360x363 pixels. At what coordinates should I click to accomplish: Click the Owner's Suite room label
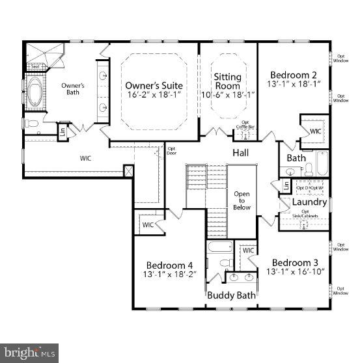click(154, 86)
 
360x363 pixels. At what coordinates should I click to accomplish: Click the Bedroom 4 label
click(169, 265)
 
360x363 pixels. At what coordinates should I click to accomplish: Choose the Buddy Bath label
click(231, 295)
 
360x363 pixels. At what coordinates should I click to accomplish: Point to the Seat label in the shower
click(35, 66)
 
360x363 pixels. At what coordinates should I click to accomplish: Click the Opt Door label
click(173, 151)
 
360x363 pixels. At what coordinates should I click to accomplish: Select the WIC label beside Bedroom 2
click(315, 131)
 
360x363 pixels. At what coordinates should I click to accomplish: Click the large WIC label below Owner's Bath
click(86, 158)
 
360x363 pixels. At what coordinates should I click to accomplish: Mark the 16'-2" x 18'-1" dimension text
click(154, 96)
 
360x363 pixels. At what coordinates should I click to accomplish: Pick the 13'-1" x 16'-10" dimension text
click(294, 271)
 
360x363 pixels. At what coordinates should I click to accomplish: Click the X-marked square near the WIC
click(130, 172)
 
